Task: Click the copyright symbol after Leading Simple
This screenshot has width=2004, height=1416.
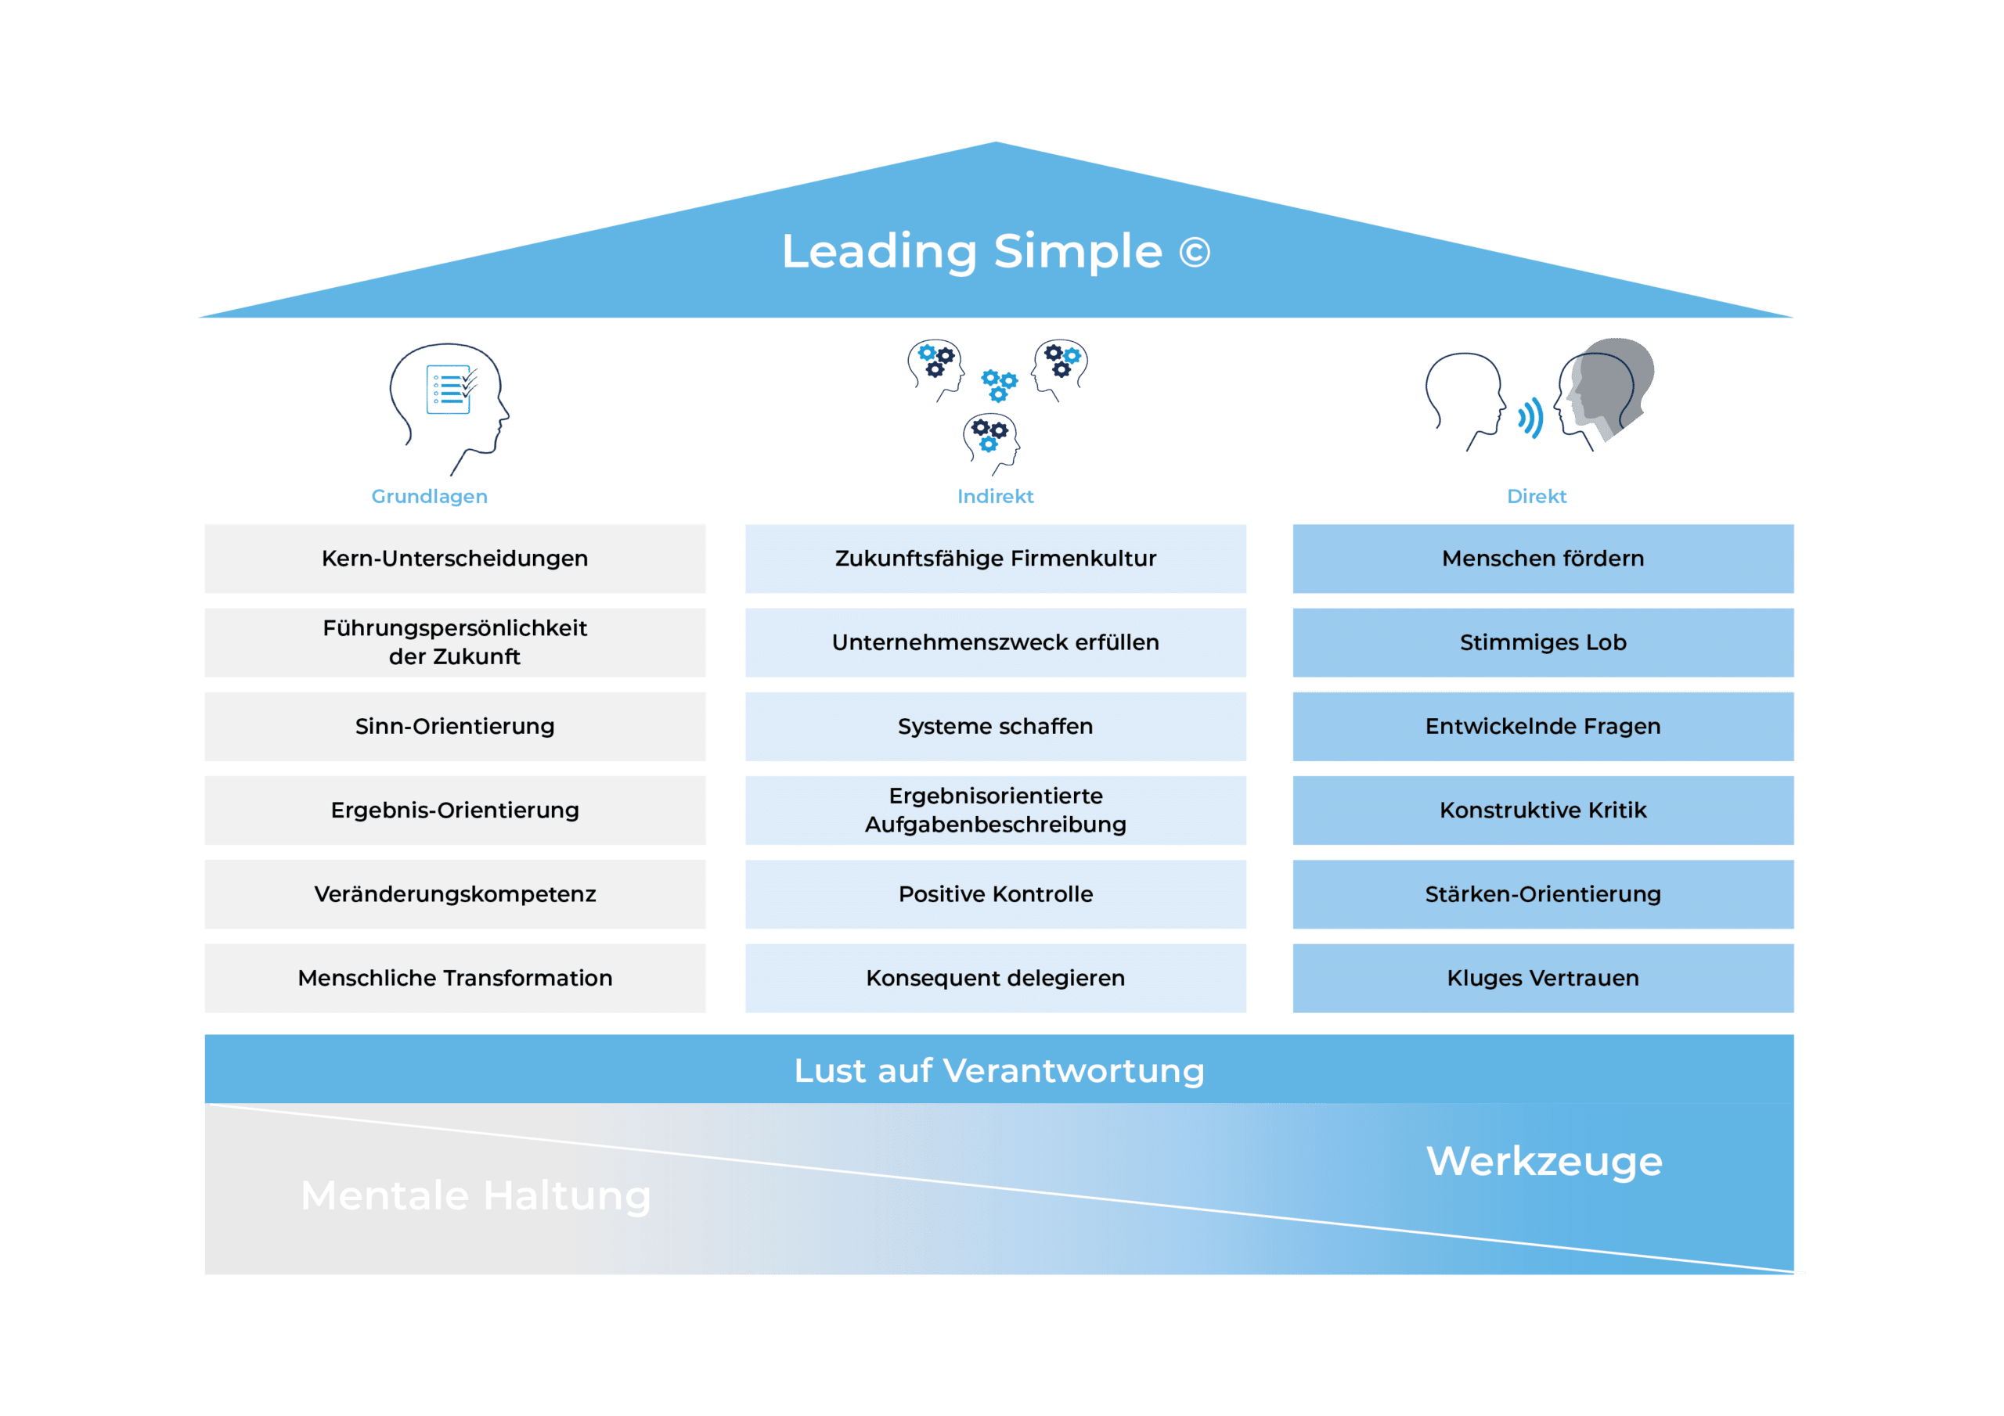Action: coord(1194,253)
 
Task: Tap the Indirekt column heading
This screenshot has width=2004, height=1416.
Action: coord(995,497)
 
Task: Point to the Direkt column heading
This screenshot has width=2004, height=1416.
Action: coord(1536,497)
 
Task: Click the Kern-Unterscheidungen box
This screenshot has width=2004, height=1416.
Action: coord(455,559)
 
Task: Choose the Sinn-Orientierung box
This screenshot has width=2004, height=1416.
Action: coord(455,726)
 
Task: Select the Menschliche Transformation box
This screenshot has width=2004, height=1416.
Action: coord(455,978)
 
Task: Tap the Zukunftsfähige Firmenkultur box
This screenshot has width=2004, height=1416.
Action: coord(995,559)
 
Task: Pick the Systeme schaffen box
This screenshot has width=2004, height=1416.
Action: coord(995,726)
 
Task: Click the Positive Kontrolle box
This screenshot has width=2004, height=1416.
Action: coord(995,894)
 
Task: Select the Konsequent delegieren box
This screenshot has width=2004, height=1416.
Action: coord(995,978)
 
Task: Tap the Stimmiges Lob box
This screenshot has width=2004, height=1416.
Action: coord(1543,642)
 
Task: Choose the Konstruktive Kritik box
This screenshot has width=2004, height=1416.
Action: coord(1543,810)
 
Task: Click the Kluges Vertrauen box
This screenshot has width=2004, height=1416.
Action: coord(1543,978)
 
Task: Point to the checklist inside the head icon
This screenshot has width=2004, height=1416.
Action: coord(450,388)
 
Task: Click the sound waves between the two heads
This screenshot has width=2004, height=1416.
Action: coord(1530,418)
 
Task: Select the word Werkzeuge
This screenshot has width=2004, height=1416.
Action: coord(1544,1161)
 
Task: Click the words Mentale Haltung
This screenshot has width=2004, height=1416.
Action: coord(476,1195)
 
